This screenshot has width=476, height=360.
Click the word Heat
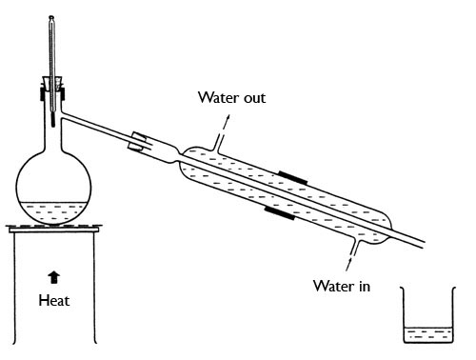(x=54, y=300)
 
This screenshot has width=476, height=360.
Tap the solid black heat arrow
(x=54, y=277)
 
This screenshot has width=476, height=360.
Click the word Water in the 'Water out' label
(x=219, y=97)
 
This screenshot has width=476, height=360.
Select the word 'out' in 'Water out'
(x=254, y=98)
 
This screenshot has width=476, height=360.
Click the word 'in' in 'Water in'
(x=365, y=286)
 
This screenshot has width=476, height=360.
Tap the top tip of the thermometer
(x=51, y=16)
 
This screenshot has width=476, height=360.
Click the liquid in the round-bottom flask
(x=53, y=213)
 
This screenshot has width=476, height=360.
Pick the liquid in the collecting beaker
(x=427, y=335)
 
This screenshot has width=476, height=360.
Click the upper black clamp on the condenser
(x=293, y=178)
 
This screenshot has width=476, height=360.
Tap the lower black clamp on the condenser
(x=280, y=212)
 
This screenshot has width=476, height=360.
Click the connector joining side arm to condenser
(x=137, y=141)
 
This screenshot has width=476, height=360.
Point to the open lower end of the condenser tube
(x=424, y=244)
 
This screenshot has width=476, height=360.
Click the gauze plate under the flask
(x=54, y=227)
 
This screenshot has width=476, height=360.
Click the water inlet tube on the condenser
(x=357, y=245)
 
